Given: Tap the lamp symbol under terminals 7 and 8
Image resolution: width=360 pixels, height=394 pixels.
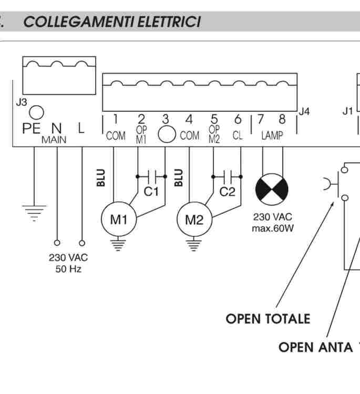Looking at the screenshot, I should click(272, 190).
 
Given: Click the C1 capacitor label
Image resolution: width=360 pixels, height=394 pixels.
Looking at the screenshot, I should click(151, 192).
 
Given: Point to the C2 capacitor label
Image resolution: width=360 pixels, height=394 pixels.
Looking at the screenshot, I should click(227, 192).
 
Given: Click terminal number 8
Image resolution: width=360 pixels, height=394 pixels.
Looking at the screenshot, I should click(282, 120).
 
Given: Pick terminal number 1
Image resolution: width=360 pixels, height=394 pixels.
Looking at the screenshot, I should click(115, 120).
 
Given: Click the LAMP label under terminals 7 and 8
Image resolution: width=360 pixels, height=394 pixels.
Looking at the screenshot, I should click(272, 136).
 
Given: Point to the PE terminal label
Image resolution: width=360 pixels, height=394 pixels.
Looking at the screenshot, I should click(31, 129).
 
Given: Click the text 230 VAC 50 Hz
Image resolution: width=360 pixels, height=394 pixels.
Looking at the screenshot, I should click(68, 263).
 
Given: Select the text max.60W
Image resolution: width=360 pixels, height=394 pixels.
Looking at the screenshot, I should click(272, 229).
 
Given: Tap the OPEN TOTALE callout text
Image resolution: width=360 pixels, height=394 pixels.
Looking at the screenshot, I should click(268, 319).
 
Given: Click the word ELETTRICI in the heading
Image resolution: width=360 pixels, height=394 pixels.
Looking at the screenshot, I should click(168, 23).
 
